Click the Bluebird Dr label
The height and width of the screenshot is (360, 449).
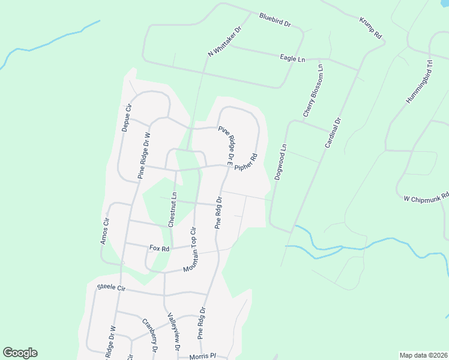coord(275,20)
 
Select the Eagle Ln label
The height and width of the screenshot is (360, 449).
coord(293,58)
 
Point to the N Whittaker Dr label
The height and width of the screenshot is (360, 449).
coord(224,41)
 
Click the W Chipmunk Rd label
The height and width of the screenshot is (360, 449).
coord(426,197)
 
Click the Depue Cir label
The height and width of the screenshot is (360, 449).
coord(126,117)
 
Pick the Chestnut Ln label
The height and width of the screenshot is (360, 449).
coord(172,209)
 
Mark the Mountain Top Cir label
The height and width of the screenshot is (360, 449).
coord(190,248)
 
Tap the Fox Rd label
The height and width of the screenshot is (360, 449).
coord(159,248)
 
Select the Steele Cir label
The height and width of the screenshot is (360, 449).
coord(111,288)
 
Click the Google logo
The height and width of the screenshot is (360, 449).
coord(20,353)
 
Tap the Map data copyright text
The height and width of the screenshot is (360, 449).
coord(423,355)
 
